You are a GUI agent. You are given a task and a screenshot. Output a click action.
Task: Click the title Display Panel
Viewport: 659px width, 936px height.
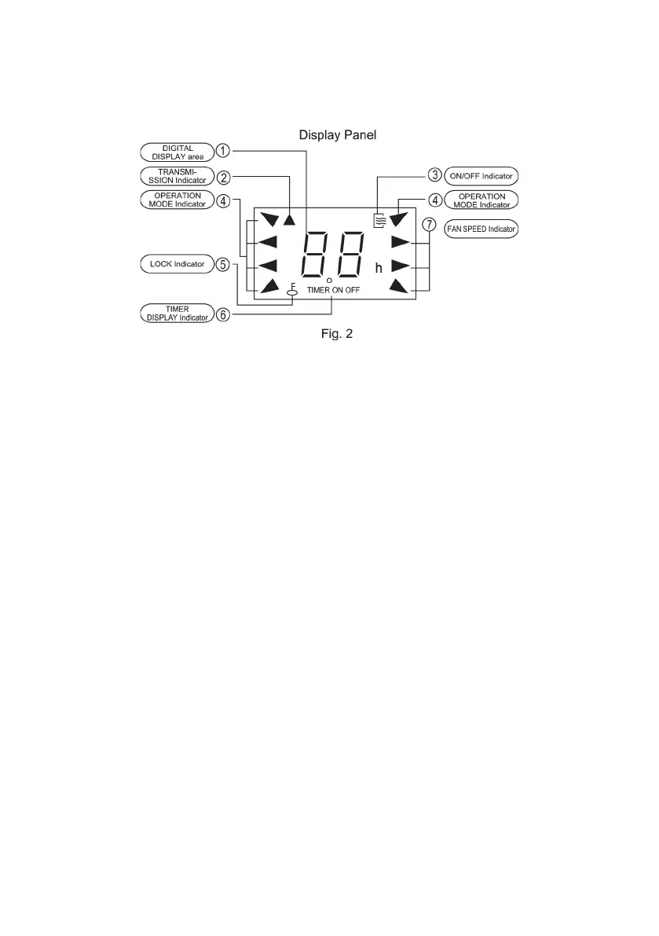coord(338,135)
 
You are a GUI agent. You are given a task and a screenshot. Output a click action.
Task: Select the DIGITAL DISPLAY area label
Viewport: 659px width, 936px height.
coord(178,152)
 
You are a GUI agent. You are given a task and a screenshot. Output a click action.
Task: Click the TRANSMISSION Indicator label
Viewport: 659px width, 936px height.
coord(178,176)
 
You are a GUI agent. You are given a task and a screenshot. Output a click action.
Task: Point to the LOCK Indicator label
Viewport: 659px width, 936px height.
coord(178,264)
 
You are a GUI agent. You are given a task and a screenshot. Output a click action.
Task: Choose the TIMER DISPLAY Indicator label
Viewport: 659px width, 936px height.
coord(178,314)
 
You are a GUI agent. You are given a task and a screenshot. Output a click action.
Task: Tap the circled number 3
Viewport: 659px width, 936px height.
coord(434,175)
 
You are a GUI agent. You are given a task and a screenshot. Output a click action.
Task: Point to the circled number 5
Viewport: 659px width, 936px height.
coord(223,264)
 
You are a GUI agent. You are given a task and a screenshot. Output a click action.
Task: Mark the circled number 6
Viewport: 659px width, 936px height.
coord(223,314)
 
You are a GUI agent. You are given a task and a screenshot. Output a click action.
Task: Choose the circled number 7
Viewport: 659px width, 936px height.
coord(429,225)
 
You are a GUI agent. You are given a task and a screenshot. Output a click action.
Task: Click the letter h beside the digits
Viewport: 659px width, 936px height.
coord(379,269)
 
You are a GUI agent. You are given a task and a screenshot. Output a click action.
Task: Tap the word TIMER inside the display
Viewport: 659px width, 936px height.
coord(319,290)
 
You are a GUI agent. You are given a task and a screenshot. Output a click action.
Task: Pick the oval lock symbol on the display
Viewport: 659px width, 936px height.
coord(292,292)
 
